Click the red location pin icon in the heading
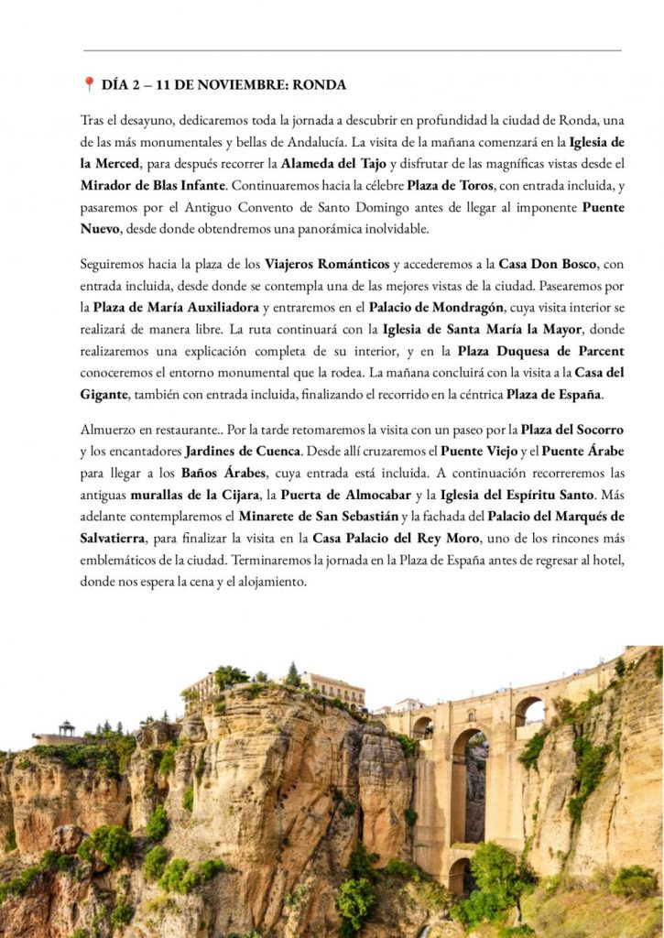click(x=89, y=84)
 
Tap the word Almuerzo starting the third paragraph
click(x=109, y=429)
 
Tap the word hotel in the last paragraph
click(x=604, y=561)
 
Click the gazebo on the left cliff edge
click(x=67, y=728)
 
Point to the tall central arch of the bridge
click(x=470, y=779)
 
